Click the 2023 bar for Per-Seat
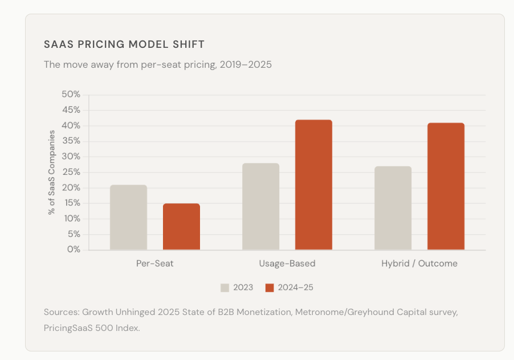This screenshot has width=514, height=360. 128,217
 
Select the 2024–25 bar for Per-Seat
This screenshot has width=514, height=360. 181,227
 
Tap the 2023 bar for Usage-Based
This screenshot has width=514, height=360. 260,206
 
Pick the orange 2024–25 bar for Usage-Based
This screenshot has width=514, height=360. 313,185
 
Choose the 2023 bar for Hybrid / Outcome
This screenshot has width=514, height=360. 393,208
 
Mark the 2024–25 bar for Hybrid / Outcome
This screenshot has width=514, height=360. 446,186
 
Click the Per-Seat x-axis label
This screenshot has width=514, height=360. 154,264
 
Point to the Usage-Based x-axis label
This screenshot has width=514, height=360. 287,264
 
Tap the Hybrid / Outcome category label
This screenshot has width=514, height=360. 419,264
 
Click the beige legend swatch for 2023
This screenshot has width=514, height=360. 225,288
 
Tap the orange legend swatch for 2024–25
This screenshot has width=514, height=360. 270,288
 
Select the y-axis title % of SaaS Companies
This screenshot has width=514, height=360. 52,172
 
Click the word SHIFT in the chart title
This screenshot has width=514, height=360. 189,44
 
